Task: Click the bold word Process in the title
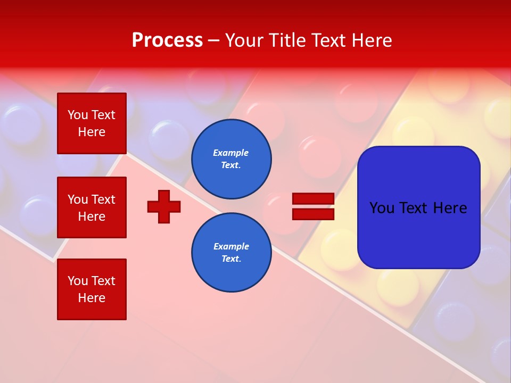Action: coord(167,40)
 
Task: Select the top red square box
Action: coord(92,123)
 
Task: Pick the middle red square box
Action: coord(92,207)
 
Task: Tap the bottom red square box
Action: coord(92,289)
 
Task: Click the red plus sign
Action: coord(164,206)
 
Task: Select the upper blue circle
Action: coord(231,159)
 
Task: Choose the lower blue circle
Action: coord(231,252)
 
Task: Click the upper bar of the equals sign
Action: coord(313,198)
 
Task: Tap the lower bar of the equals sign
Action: coord(313,214)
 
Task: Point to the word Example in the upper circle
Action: coord(231,153)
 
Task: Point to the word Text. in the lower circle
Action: coord(231,259)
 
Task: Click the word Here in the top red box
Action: coord(92,132)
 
